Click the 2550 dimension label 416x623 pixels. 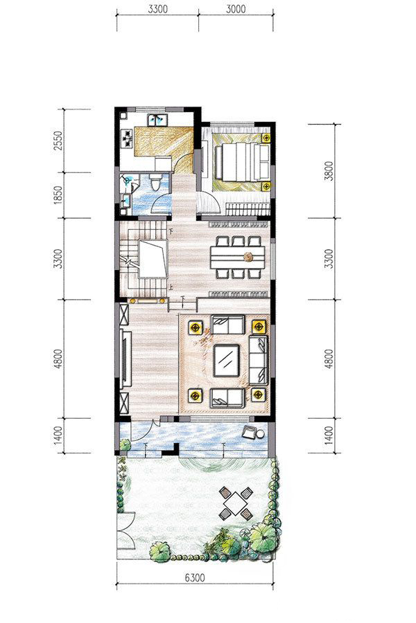coord(58,141)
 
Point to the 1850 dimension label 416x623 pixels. coord(58,195)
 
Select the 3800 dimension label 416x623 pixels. coord(329,171)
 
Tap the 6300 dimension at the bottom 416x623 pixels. coord(195,577)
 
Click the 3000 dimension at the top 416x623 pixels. coord(236,9)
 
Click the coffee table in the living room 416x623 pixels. coord(227,361)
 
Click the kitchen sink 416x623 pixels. coord(157,120)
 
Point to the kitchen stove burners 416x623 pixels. coord(128,139)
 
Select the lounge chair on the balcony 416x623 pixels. coord(250,432)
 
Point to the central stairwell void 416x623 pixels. coord(153,259)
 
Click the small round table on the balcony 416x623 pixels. coord(261,434)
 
